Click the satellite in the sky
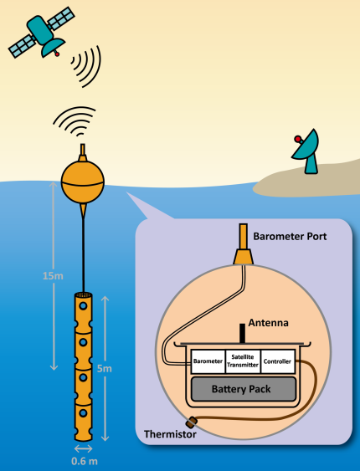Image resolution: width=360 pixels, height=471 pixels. pyautogui.click(x=41, y=32)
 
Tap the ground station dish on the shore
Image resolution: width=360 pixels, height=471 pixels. pyautogui.click(x=307, y=151)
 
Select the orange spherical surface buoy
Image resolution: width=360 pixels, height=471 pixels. pyautogui.click(x=83, y=182)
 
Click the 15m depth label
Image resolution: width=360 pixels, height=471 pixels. pyautogui.click(x=53, y=276)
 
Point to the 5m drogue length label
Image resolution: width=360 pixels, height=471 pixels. pyautogui.click(x=105, y=369)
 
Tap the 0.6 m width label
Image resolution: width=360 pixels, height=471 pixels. pyautogui.click(x=85, y=461)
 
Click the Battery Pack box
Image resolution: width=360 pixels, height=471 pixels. pyautogui.click(x=244, y=389)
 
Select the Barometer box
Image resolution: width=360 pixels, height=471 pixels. pyautogui.click(x=208, y=361)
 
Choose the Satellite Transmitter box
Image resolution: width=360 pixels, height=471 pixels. pyautogui.click(x=243, y=361)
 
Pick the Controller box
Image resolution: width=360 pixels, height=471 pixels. pyautogui.click(x=278, y=361)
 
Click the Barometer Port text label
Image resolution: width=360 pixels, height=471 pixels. pyautogui.click(x=290, y=237)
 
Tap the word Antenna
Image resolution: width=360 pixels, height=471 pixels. pyautogui.click(x=269, y=323)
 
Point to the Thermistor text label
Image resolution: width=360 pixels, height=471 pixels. pyautogui.click(x=170, y=434)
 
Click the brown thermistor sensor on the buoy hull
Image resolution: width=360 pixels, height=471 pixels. pyautogui.click(x=192, y=422)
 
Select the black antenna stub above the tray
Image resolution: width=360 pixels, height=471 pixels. pyautogui.click(x=242, y=333)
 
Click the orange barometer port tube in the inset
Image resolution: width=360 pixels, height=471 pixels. pyautogui.click(x=243, y=244)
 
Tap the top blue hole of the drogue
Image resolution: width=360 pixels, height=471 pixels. pyautogui.click(x=83, y=306)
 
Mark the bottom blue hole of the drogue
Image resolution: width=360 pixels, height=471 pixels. pyautogui.click(x=83, y=413)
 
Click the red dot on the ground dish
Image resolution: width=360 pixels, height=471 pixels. pyautogui.click(x=297, y=139)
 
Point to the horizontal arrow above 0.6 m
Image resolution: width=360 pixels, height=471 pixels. pyautogui.click(x=83, y=448)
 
